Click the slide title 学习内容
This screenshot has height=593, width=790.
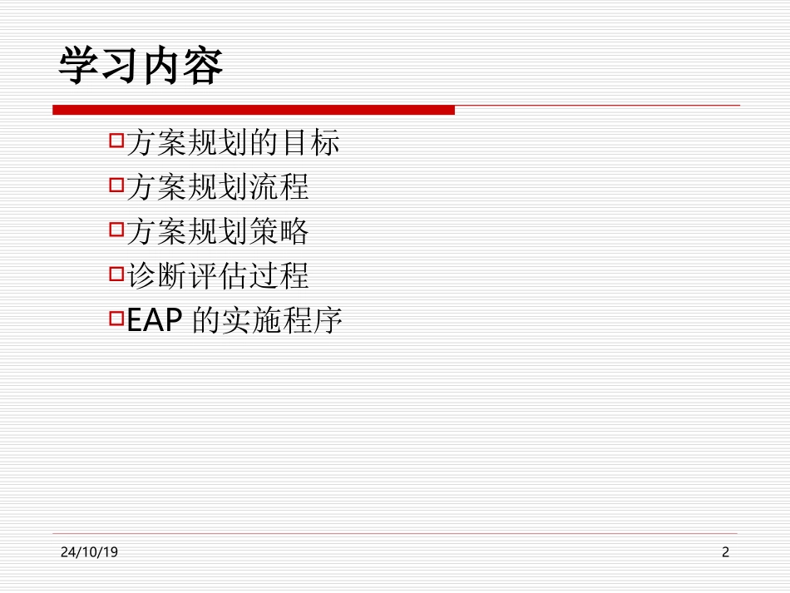[141, 67]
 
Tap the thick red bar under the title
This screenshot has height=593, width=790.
[254, 110]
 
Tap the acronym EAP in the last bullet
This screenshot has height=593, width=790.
[155, 321]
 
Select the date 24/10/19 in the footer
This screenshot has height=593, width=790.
[89, 552]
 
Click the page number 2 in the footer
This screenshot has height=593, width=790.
[725, 552]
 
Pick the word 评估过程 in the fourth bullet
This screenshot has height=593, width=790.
[249, 276]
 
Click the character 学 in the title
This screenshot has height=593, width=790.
[78, 67]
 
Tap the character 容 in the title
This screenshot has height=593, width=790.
[203, 67]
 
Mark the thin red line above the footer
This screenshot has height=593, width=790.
[396, 533]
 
